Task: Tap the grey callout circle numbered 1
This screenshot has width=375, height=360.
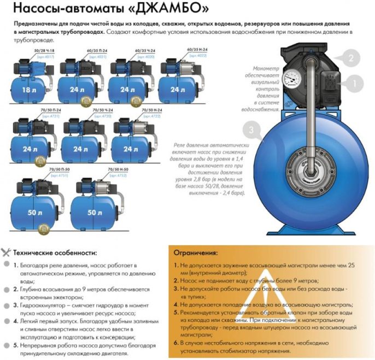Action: [x=354, y=83]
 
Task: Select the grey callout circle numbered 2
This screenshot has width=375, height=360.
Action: [x=351, y=57]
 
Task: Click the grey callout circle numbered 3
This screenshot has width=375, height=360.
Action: [x=250, y=131]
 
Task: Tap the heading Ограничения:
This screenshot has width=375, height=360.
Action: [x=195, y=253]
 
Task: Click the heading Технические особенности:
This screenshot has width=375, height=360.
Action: [x=55, y=253]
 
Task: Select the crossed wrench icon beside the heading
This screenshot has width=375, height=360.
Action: [x=7, y=252]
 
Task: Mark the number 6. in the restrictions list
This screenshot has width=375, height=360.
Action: [x=177, y=342]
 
